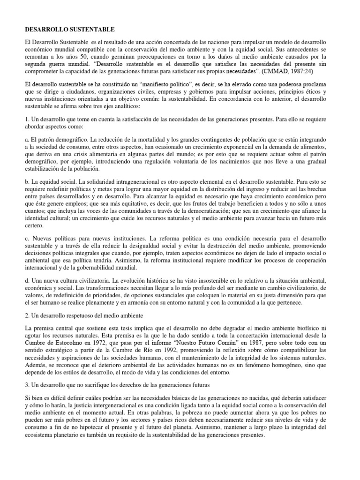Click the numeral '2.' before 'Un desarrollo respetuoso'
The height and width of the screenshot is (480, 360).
(x=28, y=316)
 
